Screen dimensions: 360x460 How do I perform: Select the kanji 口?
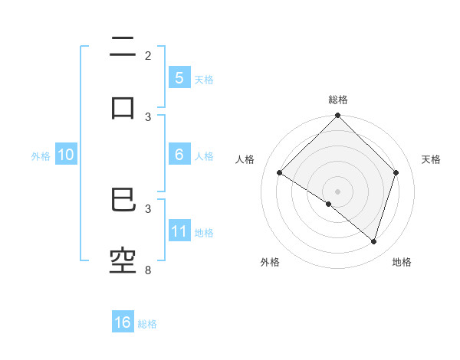point(123,107)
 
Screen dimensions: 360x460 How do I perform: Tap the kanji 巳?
point(123,201)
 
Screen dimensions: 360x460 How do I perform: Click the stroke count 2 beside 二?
point(148,56)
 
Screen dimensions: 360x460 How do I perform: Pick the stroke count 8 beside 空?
point(148,270)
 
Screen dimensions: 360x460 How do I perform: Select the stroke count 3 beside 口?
point(148,116)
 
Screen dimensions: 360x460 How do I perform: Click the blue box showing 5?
point(179,77)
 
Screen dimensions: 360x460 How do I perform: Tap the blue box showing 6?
point(179,155)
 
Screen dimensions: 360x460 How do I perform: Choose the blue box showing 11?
point(179,231)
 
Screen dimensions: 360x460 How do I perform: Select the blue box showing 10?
point(66,155)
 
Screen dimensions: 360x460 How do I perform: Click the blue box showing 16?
point(123,322)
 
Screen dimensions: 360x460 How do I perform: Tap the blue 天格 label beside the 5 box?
point(204,79)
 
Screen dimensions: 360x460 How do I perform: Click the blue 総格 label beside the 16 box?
point(147,324)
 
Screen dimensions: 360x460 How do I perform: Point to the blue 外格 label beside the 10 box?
point(41,156)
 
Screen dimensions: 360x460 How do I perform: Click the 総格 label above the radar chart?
point(338,100)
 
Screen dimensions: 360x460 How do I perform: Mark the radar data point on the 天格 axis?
point(396,172)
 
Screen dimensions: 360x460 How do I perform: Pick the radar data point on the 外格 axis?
point(329,204)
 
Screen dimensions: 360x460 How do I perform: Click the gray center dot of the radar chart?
point(338,191)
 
